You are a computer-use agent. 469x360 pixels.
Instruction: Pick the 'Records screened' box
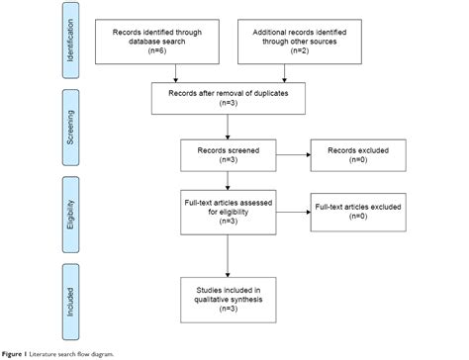click(x=228, y=153)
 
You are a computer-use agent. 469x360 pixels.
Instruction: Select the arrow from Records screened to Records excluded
click(x=292, y=153)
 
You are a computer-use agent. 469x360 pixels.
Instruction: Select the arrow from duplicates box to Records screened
click(x=228, y=127)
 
